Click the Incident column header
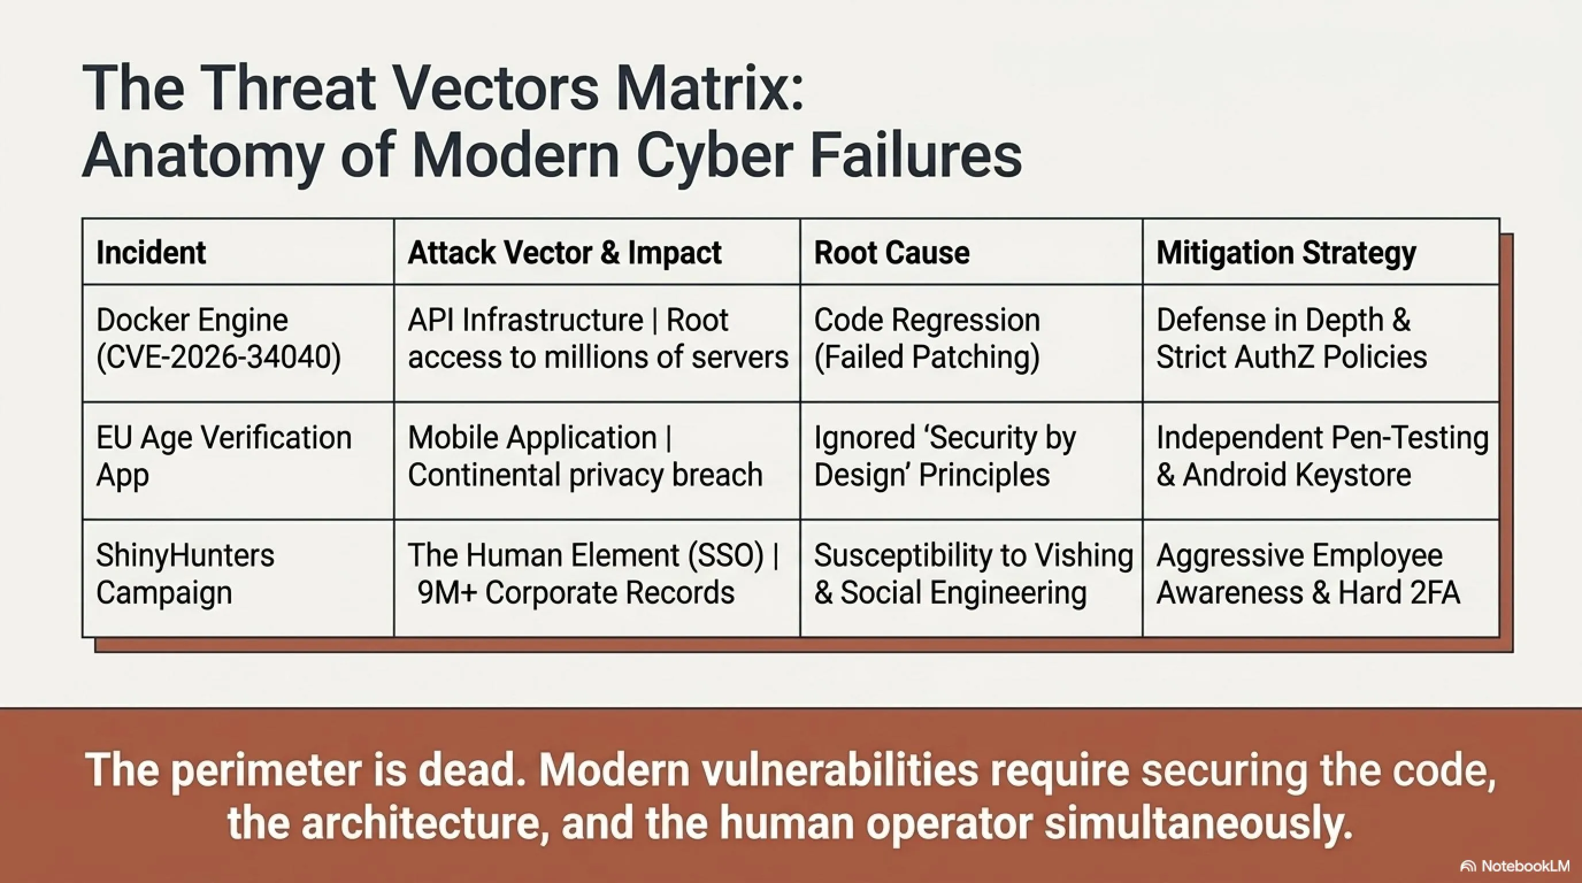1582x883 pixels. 151,253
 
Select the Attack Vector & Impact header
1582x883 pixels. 565,253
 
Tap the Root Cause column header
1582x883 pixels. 892,253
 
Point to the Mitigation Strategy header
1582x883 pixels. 1286,253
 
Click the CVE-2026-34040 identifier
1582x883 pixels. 218,358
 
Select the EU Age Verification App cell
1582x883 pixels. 224,456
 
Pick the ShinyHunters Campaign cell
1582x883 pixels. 185,574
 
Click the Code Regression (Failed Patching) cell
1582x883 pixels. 927,339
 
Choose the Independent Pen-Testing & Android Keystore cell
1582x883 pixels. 1322,456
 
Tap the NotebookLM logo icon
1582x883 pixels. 1468,866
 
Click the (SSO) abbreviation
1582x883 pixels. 726,556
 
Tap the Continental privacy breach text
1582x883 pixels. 585,475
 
